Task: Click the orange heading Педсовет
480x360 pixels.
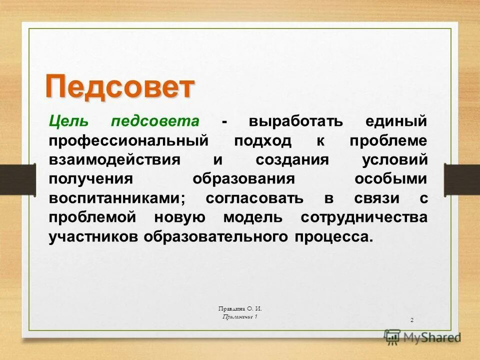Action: coord(119,87)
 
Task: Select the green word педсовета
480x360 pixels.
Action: coord(155,121)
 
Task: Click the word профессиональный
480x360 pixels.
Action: coord(128,140)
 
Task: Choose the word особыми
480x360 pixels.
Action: coord(391,179)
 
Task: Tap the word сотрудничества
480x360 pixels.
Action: coord(364,217)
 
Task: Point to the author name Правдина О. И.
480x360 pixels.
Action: coord(240,309)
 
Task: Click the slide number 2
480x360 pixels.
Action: coord(411,319)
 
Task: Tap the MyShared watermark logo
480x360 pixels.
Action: coord(422,337)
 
